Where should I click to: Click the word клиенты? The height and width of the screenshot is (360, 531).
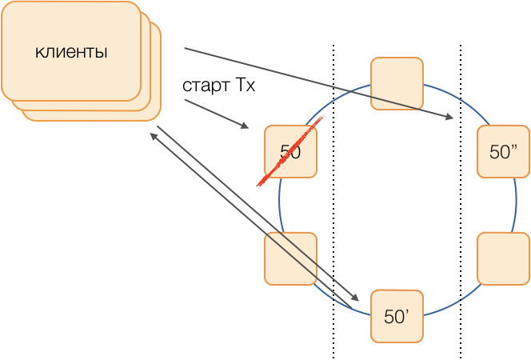tap(71, 53)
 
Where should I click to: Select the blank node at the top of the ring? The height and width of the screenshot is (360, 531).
tap(397, 83)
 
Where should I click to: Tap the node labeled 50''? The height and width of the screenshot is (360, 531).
tap(504, 152)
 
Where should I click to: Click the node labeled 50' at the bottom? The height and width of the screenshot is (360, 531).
tap(397, 317)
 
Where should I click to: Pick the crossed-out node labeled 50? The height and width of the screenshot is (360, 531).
tap(290, 151)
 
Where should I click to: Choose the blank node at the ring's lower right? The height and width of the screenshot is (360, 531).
tap(504, 258)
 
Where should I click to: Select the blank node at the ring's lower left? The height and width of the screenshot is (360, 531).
tap(290, 258)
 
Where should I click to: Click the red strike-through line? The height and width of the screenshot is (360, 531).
tap(289, 151)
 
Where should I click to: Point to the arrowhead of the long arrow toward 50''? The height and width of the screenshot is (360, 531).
tap(450, 118)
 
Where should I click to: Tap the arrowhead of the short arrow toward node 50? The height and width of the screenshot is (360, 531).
tap(246, 126)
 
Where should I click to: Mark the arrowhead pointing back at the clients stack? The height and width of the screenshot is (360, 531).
tap(153, 136)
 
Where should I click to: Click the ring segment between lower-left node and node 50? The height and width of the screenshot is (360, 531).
tap(279, 206)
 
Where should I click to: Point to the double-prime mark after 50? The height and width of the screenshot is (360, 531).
tap(517, 147)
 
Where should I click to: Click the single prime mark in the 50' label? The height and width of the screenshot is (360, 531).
tap(409, 312)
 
